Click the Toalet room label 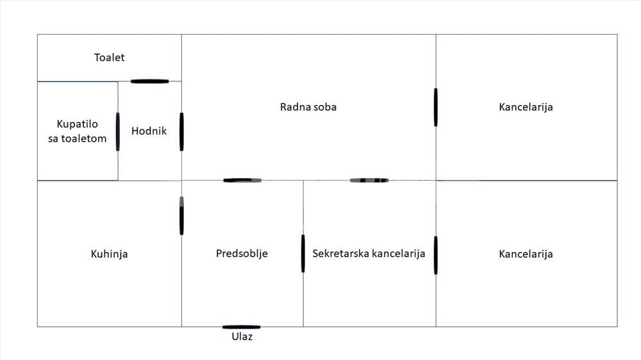(x=109, y=58)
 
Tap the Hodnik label (x=149, y=131)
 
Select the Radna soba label (x=308, y=107)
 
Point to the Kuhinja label (x=109, y=254)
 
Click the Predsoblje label (x=242, y=254)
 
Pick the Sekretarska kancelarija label (x=369, y=254)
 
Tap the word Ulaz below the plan (x=242, y=337)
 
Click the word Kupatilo (x=78, y=124)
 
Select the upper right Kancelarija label (x=526, y=107)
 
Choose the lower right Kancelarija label (x=526, y=254)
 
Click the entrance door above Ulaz (x=241, y=327)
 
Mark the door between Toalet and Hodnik (x=149, y=81)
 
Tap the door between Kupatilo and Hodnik (x=118, y=131)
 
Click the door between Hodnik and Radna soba (x=181, y=131)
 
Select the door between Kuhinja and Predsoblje (x=181, y=216)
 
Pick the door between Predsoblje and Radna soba (x=242, y=180)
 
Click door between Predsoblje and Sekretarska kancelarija (x=303, y=254)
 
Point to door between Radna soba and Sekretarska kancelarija (x=369, y=180)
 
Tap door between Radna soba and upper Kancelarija (x=436, y=107)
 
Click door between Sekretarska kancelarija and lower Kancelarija (x=436, y=255)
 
